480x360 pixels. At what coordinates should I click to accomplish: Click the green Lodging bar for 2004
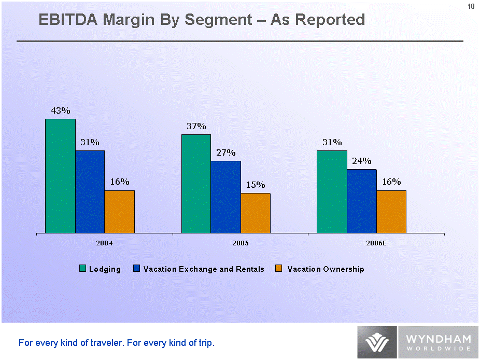click(60, 176)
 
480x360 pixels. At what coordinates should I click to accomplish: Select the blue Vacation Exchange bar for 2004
click(90, 192)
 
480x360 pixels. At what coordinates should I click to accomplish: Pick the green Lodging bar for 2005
click(196, 184)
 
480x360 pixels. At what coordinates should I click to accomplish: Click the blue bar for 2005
click(225, 197)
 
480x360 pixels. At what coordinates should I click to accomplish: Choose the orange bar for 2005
click(256, 213)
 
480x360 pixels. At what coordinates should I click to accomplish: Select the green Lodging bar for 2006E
click(332, 192)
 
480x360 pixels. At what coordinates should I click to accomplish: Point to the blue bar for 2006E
click(362, 201)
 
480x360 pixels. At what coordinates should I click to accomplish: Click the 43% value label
click(60, 110)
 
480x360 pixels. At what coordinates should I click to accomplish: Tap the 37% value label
click(196, 126)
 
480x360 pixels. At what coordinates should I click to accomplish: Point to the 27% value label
click(226, 153)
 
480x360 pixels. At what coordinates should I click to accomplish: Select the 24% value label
click(362, 161)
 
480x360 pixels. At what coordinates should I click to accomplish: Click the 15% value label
click(256, 185)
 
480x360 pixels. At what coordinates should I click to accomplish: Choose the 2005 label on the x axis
click(241, 243)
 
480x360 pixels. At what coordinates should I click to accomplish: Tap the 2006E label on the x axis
click(376, 243)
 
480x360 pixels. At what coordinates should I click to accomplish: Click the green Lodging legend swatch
click(82, 269)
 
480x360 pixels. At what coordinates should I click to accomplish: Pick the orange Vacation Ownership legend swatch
click(279, 269)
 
